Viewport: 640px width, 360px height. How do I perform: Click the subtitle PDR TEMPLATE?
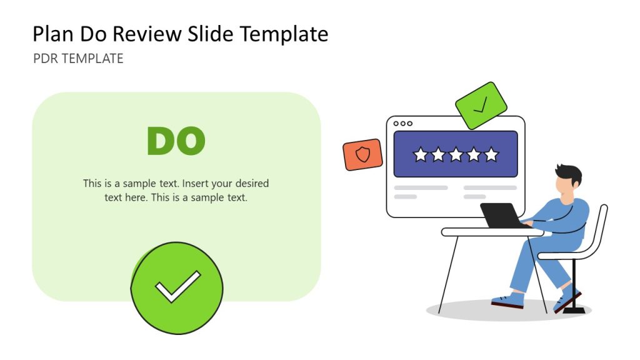78,59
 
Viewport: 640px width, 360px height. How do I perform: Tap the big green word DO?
176,141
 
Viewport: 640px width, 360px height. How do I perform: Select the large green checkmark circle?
177,288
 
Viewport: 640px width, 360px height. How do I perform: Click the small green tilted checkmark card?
481,106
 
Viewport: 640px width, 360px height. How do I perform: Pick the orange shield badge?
362,154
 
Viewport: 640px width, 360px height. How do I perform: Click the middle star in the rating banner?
456,154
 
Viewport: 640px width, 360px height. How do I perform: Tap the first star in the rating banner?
420,154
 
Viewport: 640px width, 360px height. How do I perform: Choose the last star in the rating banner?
491,154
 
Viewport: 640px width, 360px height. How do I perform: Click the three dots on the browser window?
402,124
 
